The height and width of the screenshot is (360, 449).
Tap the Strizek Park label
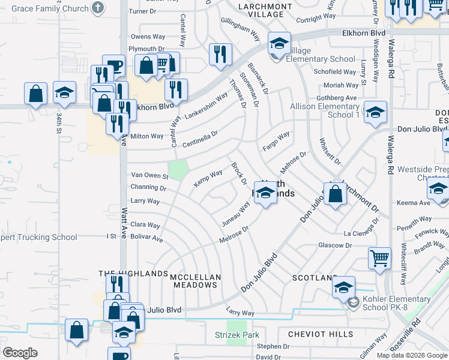pyautogui.click(x=237, y=335)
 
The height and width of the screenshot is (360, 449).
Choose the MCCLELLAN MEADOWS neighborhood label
pyautogui.click(x=195, y=281)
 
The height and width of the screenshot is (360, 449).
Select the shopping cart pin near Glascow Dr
pyautogui.click(x=380, y=259)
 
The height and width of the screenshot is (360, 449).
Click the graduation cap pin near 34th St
pyautogui.click(x=64, y=92)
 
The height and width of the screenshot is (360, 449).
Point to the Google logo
pyautogui.click(x=20, y=353)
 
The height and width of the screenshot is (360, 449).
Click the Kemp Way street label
pyautogui.click(x=208, y=177)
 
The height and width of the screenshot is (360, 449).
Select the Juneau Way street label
pyautogui.click(x=236, y=211)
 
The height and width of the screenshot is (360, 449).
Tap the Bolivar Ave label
pyautogui.click(x=147, y=238)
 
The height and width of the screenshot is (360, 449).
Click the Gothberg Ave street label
pyautogui.click(x=336, y=98)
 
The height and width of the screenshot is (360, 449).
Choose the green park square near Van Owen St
pyautogui.click(x=178, y=170)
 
